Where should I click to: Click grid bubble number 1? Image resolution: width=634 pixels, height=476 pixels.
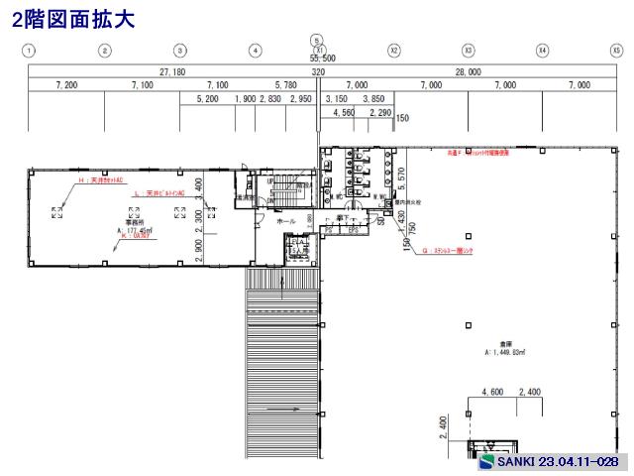(x=31, y=50)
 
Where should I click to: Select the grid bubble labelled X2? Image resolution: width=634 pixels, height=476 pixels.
(x=393, y=50)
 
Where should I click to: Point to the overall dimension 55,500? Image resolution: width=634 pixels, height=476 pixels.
(x=317, y=60)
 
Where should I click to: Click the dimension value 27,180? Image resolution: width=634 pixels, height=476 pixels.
(x=172, y=72)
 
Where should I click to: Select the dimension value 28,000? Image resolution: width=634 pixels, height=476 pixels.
(x=468, y=72)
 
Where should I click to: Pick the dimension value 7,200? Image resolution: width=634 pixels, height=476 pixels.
(x=66, y=86)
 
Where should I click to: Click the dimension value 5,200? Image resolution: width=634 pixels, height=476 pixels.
(x=207, y=99)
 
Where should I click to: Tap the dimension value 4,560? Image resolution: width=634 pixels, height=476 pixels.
(x=344, y=113)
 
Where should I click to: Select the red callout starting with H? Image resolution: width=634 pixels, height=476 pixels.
(x=99, y=181)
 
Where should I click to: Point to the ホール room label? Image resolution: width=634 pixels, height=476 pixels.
(x=285, y=221)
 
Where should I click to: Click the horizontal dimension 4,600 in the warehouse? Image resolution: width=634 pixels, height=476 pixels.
(x=492, y=393)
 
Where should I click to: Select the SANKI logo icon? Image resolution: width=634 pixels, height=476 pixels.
(x=486, y=463)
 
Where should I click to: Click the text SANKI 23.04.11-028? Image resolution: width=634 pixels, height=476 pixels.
(x=558, y=463)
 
